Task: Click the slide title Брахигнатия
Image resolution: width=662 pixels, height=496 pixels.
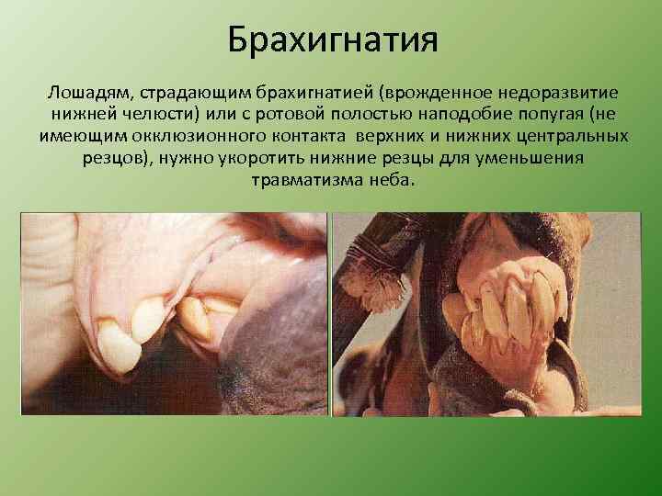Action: tap(331, 40)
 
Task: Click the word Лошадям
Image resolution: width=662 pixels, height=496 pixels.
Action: tap(83, 95)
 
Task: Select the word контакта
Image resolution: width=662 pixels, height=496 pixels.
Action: tap(298, 137)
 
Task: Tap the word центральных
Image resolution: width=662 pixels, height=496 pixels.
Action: tap(569, 137)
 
